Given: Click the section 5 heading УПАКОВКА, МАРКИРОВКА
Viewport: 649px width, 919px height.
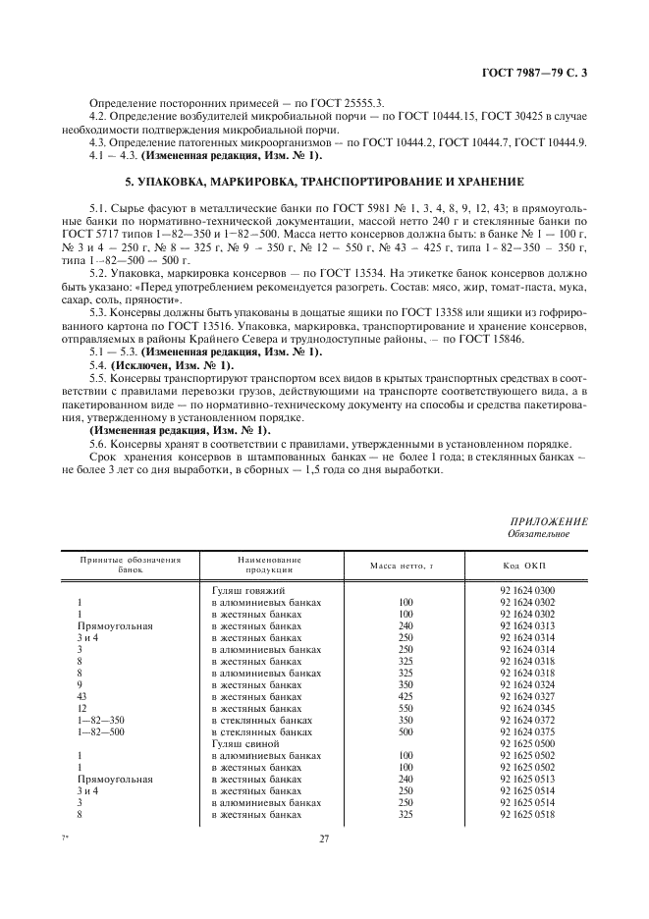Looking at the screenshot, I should tap(323, 183).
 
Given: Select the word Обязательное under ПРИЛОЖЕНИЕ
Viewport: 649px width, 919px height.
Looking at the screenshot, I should tap(537, 533).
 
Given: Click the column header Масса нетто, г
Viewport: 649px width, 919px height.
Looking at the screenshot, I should tap(402, 566).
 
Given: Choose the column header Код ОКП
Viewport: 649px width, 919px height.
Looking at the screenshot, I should tap(526, 566).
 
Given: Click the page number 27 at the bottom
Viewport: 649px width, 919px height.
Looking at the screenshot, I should tap(324, 838).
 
